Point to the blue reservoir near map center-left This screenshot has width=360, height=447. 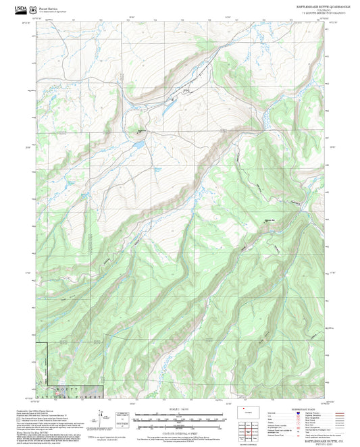click(x=137, y=144)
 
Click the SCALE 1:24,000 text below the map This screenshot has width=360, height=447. click(x=179, y=409)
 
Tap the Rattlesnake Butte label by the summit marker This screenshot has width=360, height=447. click(x=269, y=220)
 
